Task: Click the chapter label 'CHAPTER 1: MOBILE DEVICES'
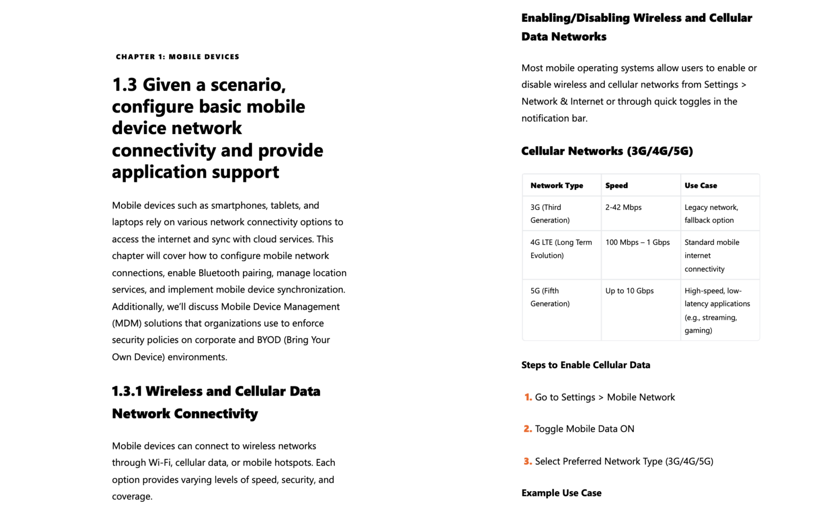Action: click(x=178, y=57)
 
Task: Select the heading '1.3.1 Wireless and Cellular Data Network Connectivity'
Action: click(x=216, y=402)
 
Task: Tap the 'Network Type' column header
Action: click(x=557, y=186)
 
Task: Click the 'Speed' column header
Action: click(x=616, y=186)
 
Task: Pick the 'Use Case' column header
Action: click(x=701, y=186)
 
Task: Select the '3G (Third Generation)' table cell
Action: click(x=550, y=214)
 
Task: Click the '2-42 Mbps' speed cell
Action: click(x=623, y=208)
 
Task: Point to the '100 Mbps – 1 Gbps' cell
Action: click(x=637, y=242)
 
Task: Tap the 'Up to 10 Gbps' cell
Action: click(x=629, y=291)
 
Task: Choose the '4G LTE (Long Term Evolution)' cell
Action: click(x=561, y=249)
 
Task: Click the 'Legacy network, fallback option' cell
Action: click(x=711, y=214)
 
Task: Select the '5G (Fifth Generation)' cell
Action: click(x=550, y=297)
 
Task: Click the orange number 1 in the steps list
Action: click(x=528, y=397)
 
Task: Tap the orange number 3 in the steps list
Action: click(x=528, y=461)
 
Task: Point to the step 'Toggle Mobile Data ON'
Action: click(x=584, y=429)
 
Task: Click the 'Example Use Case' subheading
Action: click(x=561, y=493)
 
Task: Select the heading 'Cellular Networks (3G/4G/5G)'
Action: click(x=607, y=151)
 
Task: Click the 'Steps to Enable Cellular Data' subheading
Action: click(x=585, y=365)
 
